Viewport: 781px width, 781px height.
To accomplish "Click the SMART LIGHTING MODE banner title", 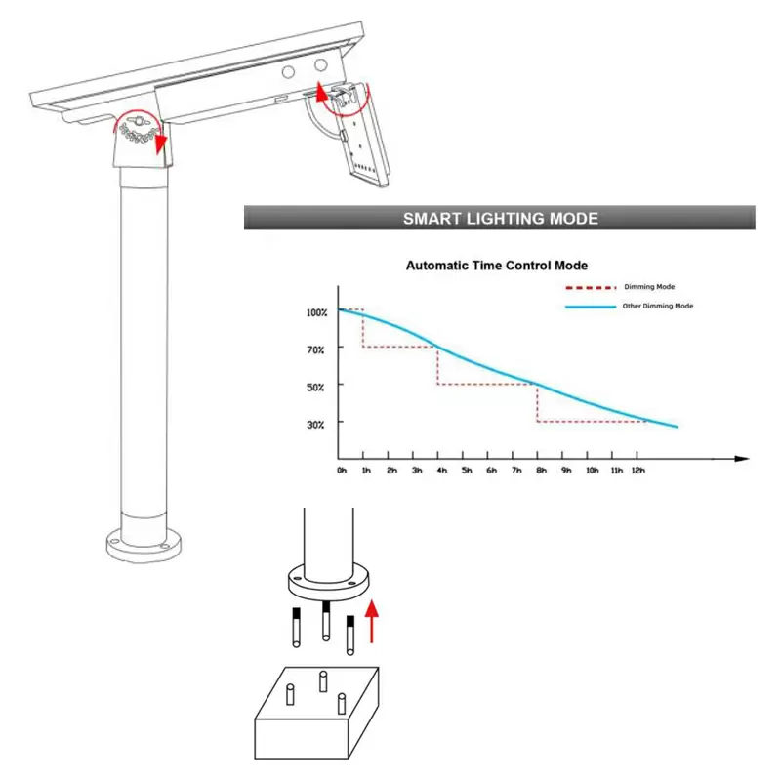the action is pos(501,218).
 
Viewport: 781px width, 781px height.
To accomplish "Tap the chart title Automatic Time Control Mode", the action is pos(497,266).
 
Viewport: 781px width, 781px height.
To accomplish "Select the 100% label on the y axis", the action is pos(316,312).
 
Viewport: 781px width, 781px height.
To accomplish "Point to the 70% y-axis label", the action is pos(315,349).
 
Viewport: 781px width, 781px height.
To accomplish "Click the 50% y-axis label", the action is pos(315,387).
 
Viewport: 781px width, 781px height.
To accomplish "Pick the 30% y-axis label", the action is pos(315,425).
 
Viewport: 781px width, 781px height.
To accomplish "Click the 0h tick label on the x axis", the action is pos(342,471).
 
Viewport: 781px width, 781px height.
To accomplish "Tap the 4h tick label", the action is pos(442,471).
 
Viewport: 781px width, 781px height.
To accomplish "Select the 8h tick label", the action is pos(542,471).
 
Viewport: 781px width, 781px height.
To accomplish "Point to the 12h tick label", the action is pos(638,471).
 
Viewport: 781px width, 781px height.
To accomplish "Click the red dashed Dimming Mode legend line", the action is pos(591,288).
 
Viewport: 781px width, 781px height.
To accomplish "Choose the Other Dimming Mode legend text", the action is pos(658,306).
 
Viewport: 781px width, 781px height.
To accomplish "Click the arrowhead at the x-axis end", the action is pos(742,459).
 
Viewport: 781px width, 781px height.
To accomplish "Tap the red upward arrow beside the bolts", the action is pos(372,621).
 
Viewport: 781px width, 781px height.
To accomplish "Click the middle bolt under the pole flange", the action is pos(326,621).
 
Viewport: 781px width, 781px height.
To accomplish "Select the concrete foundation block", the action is pos(316,713).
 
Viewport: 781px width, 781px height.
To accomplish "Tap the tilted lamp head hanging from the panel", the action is pos(361,136).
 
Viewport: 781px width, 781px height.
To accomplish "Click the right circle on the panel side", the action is pos(321,64).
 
